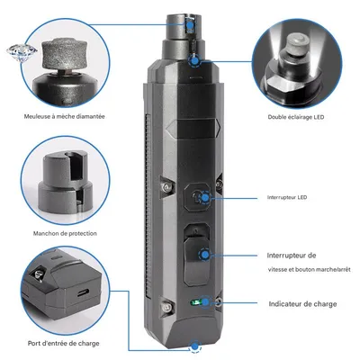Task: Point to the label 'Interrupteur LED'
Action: coord(289,197)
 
